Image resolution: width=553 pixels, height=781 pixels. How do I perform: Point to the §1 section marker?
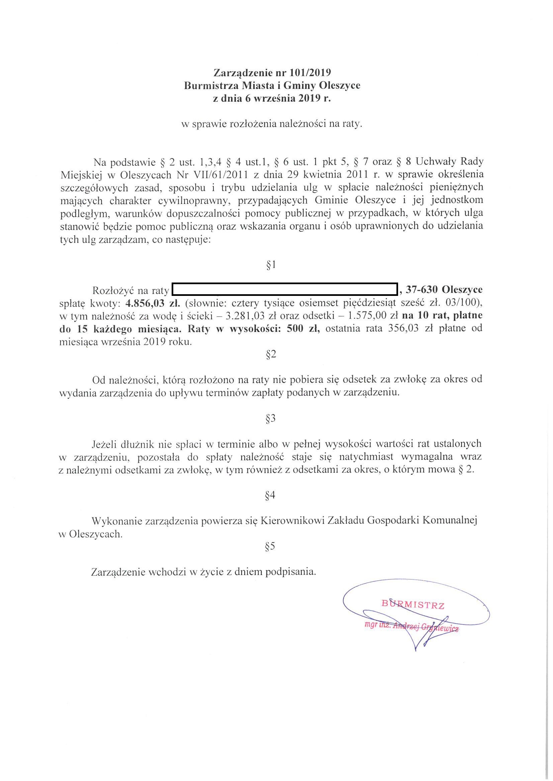click(x=271, y=265)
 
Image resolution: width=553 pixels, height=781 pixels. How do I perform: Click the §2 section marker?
click(x=271, y=355)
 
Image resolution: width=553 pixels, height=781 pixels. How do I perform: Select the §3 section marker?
click(x=271, y=419)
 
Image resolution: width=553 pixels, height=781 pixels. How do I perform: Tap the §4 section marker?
click(x=271, y=495)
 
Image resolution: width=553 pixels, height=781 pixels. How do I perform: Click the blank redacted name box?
click(x=285, y=290)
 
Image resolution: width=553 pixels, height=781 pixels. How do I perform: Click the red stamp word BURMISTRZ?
click(x=413, y=605)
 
